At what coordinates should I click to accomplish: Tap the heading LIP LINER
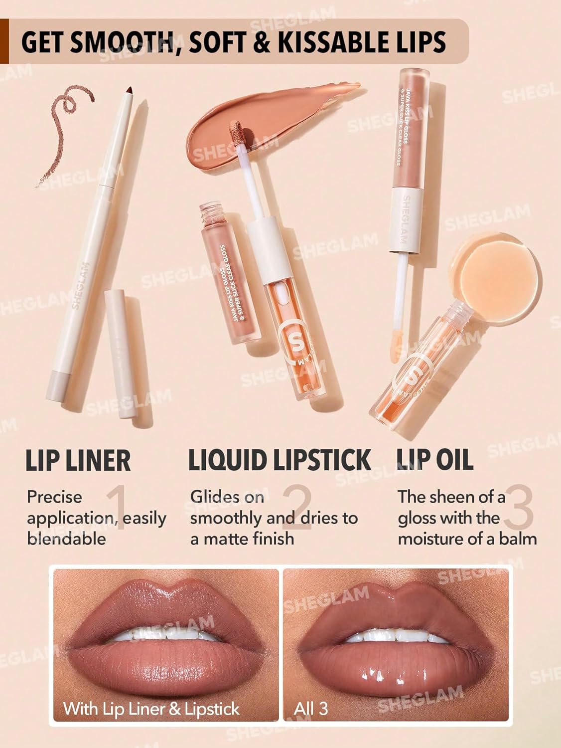click(78, 460)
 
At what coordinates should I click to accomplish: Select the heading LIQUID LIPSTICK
click(280, 460)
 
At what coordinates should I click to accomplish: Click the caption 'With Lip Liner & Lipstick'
click(151, 709)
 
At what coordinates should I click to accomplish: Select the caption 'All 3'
click(311, 709)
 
